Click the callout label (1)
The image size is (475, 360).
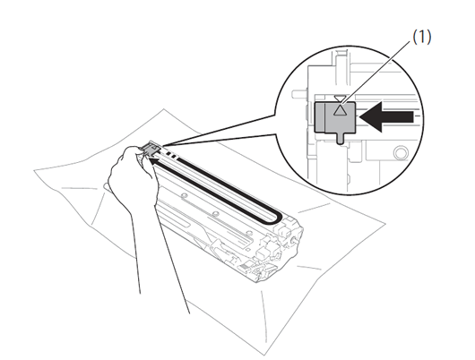click(422, 37)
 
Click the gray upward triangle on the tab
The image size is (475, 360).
click(340, 110)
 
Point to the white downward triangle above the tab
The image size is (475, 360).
click(339, 99)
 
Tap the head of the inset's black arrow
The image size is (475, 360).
click(370, 116)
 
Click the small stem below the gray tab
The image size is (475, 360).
click(341, 137)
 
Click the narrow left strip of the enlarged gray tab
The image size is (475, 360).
click(319, 117)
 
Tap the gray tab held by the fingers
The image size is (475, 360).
click(151, 149)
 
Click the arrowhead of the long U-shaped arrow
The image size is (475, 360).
click(153, 161)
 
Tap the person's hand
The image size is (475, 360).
click(134, 176)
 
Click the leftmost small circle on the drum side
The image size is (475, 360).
click(182, 195)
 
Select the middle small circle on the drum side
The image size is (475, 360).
click(215, 214)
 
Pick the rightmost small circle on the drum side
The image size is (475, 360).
click(249, 233)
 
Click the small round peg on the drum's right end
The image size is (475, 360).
click(293, 238)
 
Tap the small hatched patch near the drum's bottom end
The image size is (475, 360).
click(244, 267)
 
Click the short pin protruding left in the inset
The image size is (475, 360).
click(299, 93)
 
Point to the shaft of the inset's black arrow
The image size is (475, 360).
click(397, 116)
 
